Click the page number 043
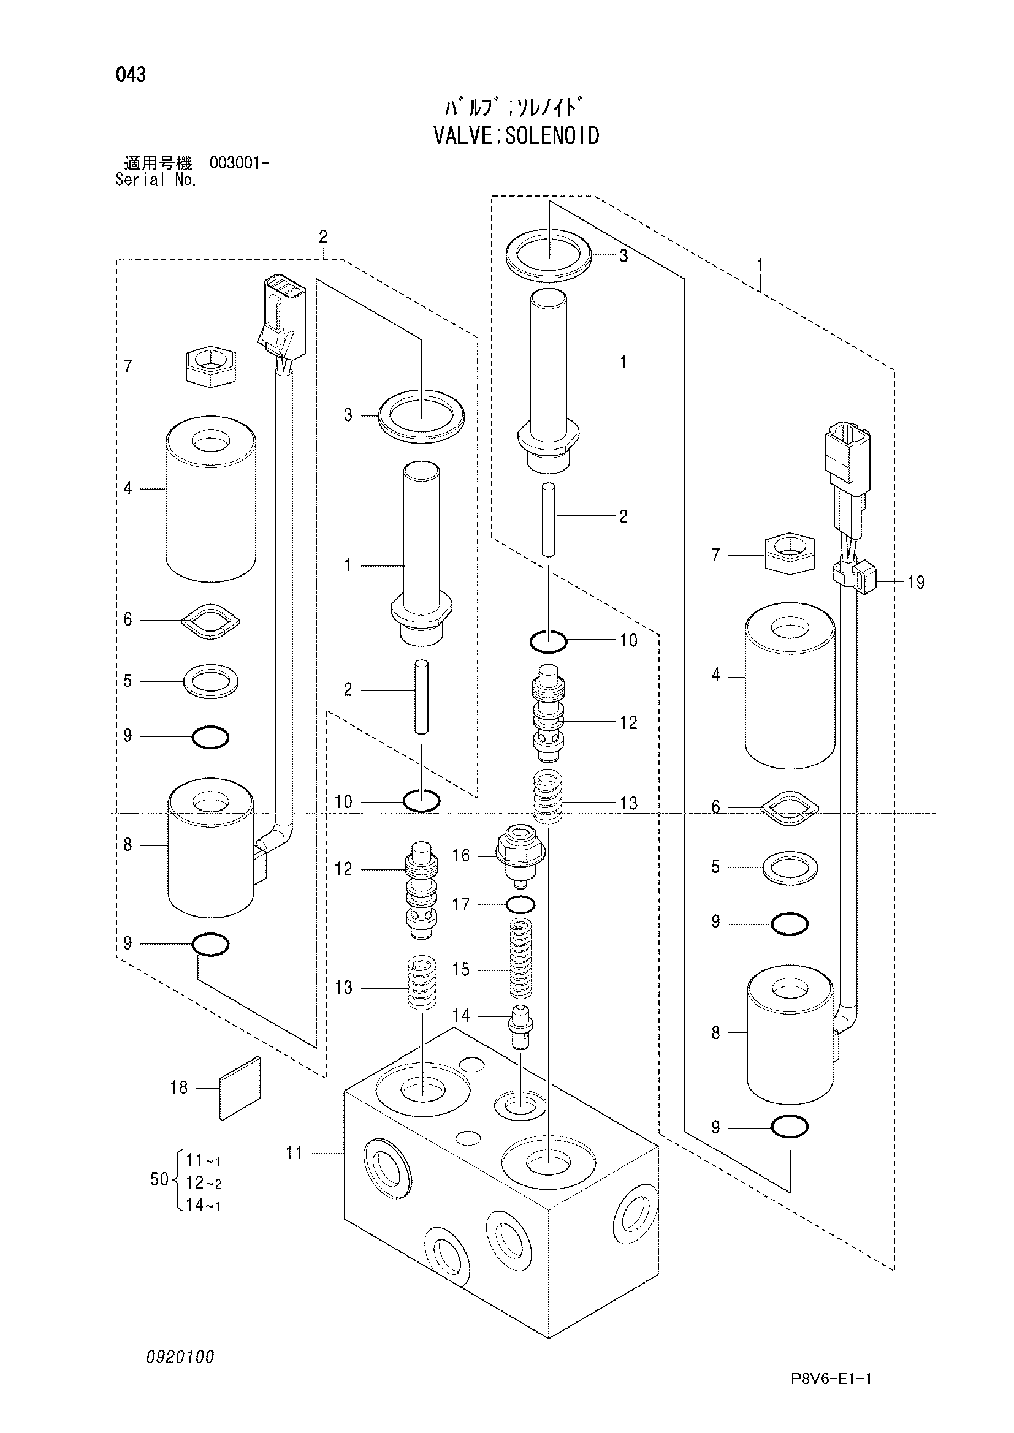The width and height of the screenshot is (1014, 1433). click(x=131, y=75)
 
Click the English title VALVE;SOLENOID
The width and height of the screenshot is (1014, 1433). click(x=516, y=135)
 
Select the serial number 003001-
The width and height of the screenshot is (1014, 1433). click(x=240, y=164)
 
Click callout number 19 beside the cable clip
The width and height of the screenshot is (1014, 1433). click(x=916, y=583)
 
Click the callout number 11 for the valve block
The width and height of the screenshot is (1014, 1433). click(x=294, y=1153)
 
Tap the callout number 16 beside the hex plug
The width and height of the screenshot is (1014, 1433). click(x=461, y=855)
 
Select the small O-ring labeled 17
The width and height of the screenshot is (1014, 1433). click(x=519, y=904)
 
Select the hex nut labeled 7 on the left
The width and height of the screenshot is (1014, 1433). click(x=212, y=367)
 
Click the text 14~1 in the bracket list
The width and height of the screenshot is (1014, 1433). click(x=204, y=1205)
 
